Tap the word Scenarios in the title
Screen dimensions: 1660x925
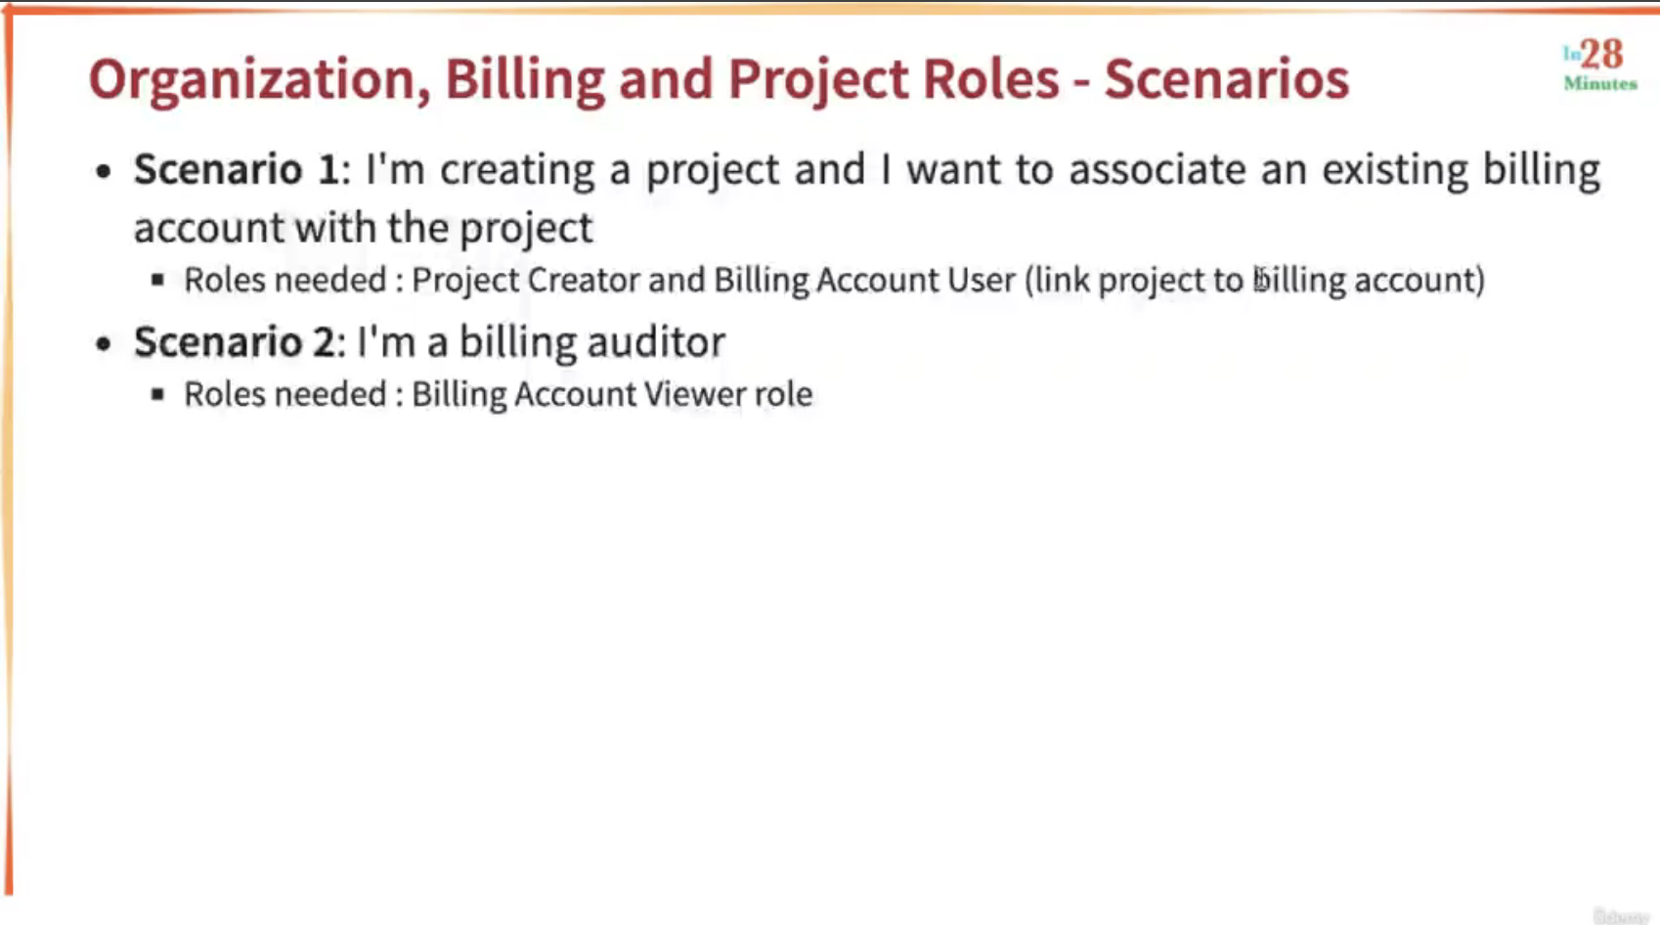pyautogui.click(x=1227, y=78)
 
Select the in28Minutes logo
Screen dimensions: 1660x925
pyautogui.click(x=1600, y=66)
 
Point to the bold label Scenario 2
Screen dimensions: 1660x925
pyautogui.click(x=235, y=341)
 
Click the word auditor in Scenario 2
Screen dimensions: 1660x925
pyautogui.click(x=656, y=341)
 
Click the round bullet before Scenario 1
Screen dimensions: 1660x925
pyautogui.click(x=104, y=172)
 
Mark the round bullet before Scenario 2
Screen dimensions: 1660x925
pyautogui.click(x=104, y=343)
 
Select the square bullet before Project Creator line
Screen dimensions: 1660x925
pyautogui.click(x=157, y=281)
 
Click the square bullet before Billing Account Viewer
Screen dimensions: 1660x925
pyautogui.click(x=157, y=394)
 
